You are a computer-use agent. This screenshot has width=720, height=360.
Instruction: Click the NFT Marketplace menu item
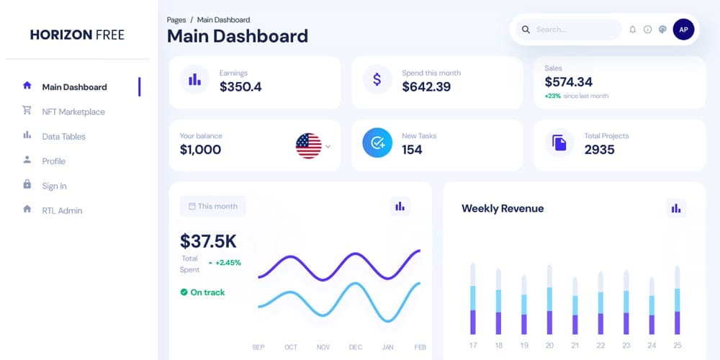click(73, 112)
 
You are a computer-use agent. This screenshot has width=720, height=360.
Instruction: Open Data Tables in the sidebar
click(63, 137)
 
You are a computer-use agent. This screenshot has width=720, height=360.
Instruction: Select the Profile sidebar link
click(53, 161)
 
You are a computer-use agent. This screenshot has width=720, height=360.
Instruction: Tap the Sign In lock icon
click(27, 185)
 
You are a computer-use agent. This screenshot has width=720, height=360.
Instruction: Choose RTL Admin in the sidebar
click(62, 211)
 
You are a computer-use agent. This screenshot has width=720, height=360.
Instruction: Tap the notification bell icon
click(632, 30)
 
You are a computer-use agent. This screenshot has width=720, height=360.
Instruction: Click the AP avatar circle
click(683, 30)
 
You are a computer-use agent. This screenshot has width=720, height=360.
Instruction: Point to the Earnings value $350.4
click(240, 86)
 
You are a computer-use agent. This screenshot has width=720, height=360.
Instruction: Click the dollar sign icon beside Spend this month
click(377, 79)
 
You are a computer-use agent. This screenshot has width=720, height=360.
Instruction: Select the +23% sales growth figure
click(553, 96)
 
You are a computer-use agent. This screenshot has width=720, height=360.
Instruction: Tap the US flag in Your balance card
click(308, 146)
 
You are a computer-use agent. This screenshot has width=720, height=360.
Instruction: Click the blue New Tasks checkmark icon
click(377, 143)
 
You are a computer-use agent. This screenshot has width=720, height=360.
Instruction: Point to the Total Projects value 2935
click(599, 150)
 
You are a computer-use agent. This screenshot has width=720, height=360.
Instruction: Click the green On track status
click(202, 292)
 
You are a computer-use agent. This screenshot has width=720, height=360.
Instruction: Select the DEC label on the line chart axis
click(356, 347)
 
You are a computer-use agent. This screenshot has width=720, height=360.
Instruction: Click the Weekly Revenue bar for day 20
click(549, 300)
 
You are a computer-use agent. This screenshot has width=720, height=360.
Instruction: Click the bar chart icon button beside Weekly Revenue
click(675, 208)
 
